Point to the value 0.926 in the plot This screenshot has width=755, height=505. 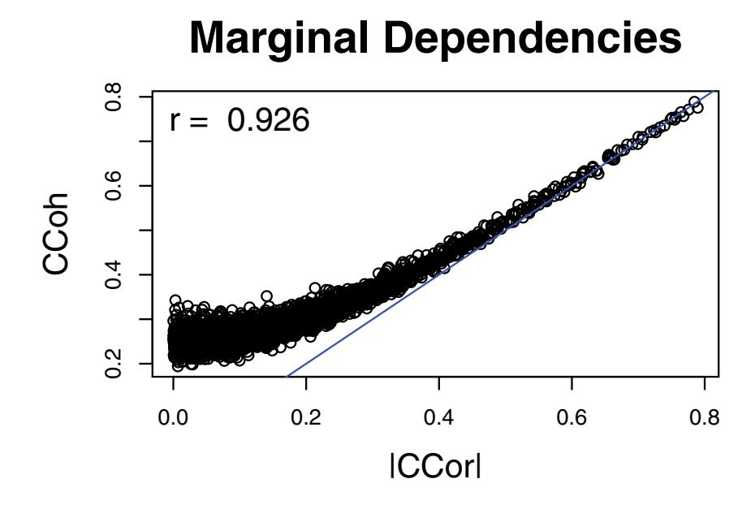268,121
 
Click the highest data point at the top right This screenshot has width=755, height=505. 694,103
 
